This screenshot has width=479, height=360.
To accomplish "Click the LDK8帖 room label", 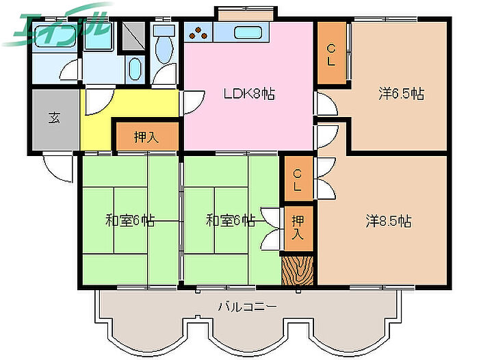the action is tap(249, 94).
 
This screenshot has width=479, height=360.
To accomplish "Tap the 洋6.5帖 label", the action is tap(401, 94).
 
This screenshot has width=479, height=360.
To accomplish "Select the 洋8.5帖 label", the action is tap(389, 221).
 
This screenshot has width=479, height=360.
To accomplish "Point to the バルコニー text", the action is tap(247, 307).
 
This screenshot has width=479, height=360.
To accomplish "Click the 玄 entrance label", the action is tap(54, 118).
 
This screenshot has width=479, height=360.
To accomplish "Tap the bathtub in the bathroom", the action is tap(54, 36).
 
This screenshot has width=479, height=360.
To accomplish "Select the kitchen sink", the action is tap(248, 33).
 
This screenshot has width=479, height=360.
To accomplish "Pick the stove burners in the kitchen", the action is tap(198, 33).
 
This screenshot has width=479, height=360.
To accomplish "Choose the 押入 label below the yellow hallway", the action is tap(146, 137).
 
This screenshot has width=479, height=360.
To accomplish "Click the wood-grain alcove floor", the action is tap(297, 270).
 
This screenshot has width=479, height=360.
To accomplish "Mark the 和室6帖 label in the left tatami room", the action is tap(129, 220).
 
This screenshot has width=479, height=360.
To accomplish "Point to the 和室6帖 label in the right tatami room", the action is tap(231, 220).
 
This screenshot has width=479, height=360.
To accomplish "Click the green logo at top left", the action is tap(58, 26).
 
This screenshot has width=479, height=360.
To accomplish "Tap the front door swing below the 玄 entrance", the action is tap(58, 168).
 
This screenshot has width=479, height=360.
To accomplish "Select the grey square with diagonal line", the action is tap(134, 36).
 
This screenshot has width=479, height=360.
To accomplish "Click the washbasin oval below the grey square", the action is tap(135, 69).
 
